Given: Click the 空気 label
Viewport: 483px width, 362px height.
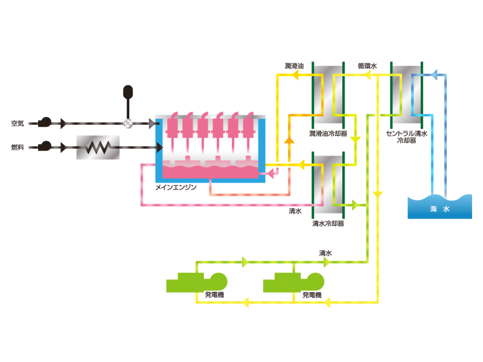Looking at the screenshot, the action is pos(18,124).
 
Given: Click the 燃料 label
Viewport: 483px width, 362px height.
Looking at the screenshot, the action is pos(18,147).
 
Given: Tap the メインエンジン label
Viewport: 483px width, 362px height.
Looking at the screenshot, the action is pos(176,187).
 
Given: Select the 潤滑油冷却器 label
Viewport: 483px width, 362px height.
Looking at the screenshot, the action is pos(328,133).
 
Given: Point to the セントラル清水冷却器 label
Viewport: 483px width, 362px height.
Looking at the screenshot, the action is pos(406,137).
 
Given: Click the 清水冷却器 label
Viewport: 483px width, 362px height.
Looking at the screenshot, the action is pos(328,223).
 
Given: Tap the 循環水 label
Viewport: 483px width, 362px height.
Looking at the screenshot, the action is pos(367,66).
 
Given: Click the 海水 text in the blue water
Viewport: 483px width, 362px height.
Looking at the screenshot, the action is pos(440,209).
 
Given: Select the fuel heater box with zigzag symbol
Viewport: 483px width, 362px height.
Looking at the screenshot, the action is pos(98,147).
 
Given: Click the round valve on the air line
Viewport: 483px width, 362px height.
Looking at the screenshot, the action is pos(128,124).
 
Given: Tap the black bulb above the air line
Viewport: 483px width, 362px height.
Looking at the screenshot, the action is pos(128,92).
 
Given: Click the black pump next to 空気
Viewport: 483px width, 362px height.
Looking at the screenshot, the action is pos(45,122).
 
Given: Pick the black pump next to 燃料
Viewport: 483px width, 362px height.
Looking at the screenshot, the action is pos(45,146).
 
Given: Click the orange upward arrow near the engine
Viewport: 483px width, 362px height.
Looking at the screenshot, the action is pos(289,140).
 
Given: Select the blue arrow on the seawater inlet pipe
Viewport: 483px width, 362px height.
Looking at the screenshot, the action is pos(433,75).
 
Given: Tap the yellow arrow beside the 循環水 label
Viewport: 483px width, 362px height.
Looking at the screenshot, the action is pos(367,75).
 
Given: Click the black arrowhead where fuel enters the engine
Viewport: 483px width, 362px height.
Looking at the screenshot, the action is pos(159,148).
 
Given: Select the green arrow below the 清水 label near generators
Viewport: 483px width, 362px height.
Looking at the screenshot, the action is pos(327,262).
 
